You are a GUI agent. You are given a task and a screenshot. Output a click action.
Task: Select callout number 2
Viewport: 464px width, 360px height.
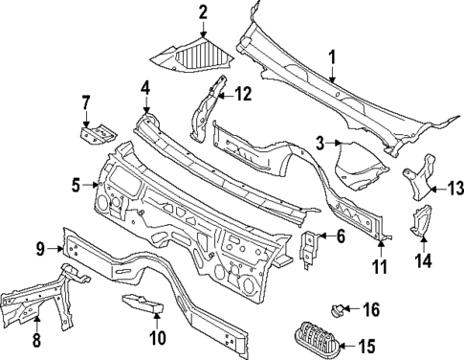tap(203, 11)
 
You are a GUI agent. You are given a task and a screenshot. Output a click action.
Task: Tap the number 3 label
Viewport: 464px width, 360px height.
tap(320, 143)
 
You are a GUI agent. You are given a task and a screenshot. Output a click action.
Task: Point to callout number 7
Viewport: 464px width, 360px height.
tap(85, 102)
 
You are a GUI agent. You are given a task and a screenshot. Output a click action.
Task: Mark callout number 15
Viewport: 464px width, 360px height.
tap(366, 346)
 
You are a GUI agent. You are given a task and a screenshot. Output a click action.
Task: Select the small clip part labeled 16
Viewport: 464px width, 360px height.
tap(339, 308)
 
